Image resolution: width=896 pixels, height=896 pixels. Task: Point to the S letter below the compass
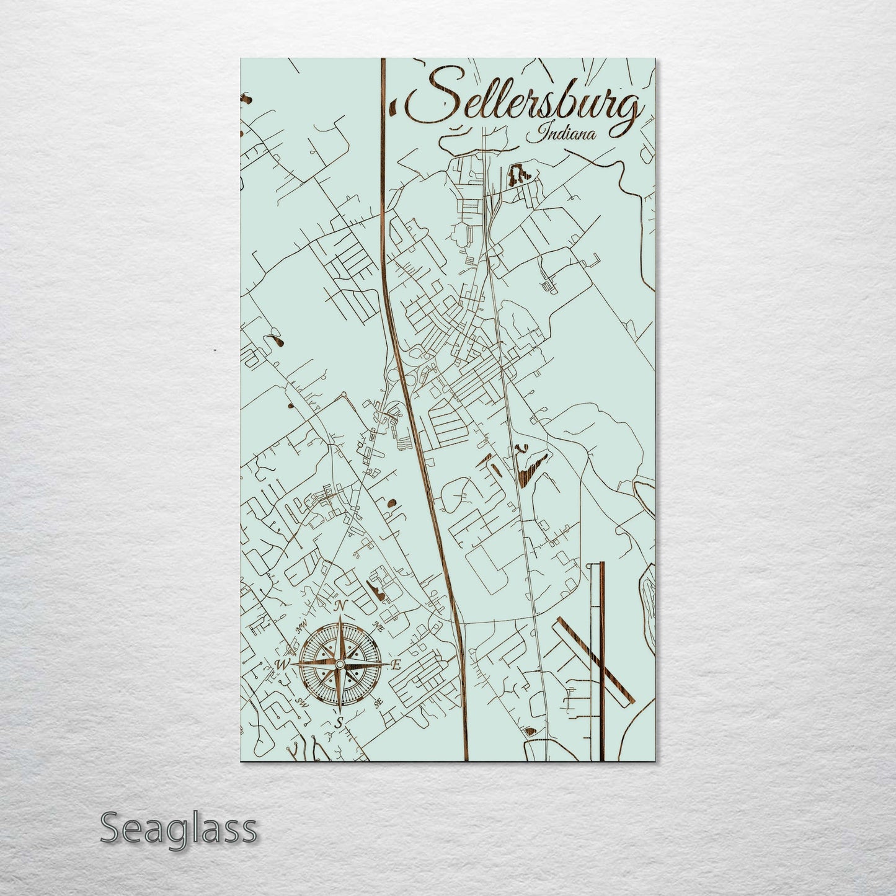point(339,723)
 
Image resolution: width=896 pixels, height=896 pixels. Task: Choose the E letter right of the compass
point(397,665)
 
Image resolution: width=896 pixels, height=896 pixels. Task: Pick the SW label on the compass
point(303,703)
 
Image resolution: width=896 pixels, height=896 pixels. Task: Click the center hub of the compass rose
point(339,665)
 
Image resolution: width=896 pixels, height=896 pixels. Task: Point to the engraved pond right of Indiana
point(518,175)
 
